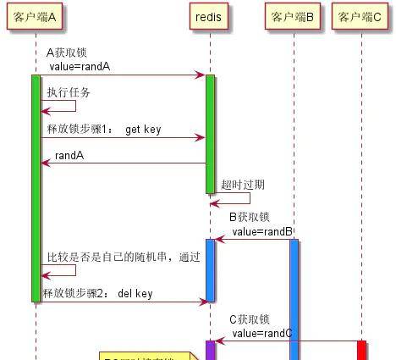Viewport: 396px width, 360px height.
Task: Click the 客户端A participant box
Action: (36, 17)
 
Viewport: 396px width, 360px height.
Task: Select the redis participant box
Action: (209, 17)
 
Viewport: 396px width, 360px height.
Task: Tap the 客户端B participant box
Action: (293, 17)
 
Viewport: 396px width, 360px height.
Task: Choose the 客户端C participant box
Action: (361, 17)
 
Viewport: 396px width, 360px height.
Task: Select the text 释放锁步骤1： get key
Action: (103, 130)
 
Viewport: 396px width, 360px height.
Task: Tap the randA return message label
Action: (69, 156)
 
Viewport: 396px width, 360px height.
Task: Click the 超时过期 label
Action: (243, 185)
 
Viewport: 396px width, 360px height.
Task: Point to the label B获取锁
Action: (250, 217)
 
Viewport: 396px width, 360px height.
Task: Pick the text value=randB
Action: (262, 231)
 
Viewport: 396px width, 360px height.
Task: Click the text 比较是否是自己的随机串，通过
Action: (123, 257)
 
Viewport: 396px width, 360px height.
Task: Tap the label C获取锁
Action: (250, 319)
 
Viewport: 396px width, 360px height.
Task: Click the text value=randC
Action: (262, 333)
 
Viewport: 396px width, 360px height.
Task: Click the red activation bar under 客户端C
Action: (361, 350)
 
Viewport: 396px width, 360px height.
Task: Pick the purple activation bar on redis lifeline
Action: (209, 350)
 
